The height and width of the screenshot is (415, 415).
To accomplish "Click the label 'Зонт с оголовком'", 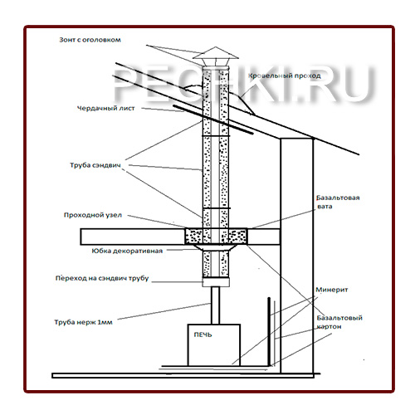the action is [x=90, y=40].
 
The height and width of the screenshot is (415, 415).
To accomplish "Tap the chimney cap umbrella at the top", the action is [x=216, y=53].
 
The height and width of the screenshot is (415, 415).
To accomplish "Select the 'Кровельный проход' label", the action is [x=285, y=76].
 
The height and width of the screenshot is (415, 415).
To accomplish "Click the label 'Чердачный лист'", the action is [x=106, y=108].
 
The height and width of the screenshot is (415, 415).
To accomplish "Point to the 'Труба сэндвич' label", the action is [x=95, y=165].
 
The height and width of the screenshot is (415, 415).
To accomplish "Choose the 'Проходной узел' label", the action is [x=93, y=215].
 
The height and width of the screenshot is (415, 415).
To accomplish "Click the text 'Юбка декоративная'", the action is [x=127, y=251].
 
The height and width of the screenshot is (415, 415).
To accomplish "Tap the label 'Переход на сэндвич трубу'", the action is [x=102, y=278].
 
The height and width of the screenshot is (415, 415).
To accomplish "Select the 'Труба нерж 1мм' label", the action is [x=83, y=322].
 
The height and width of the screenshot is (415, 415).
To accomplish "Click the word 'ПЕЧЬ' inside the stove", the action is [x=203, y=335].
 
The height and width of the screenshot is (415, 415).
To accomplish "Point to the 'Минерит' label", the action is [x=332, y=290].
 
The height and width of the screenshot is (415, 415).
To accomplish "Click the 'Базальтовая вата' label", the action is [x=338, y=202].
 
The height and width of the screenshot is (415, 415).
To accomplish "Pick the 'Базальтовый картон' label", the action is [x=339, y=322].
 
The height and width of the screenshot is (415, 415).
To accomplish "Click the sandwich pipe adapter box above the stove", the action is [x=216, y=282].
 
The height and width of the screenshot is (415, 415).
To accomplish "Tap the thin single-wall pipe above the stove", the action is [x=216, y=305].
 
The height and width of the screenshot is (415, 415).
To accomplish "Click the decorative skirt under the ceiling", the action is [x=216, y=247].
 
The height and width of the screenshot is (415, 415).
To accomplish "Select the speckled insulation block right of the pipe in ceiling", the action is [x=238, y=237].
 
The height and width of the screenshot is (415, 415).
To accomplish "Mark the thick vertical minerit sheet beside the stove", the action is [x=268, y=331].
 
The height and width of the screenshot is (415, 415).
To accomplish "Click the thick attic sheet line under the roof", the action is [x=213, y=120].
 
